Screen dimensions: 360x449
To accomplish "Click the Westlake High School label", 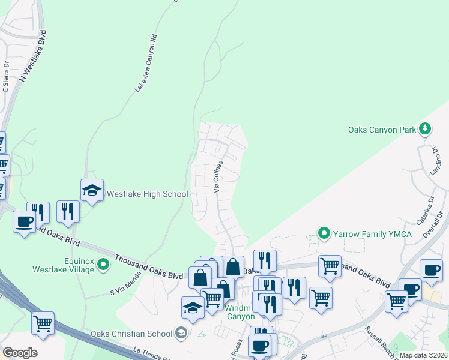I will [x=147, y=194].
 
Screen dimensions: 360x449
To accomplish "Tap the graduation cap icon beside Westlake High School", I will [x=92, y=190].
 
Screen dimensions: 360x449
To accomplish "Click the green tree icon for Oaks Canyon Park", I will [x=425, y=128].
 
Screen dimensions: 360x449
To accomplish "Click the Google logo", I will [x=20, y=353].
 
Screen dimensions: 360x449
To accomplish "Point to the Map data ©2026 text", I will [x=423, y=355].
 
